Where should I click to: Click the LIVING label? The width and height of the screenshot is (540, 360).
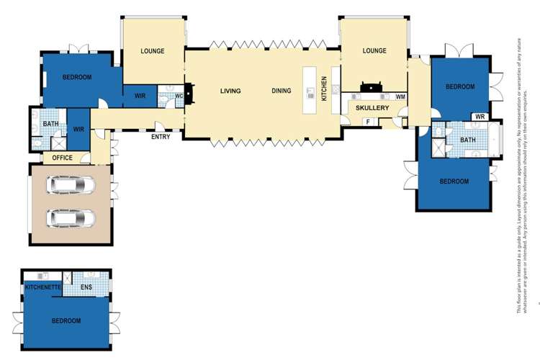(230, 91)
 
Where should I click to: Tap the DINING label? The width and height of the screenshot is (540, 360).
(282, 91)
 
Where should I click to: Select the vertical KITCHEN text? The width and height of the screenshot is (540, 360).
(325, 88)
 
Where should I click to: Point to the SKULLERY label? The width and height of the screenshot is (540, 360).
(372, 108)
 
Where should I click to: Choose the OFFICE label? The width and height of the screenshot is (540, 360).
(62, 158)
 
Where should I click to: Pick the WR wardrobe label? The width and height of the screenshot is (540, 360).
(479, 116)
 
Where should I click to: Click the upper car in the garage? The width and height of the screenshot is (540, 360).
(70, 186)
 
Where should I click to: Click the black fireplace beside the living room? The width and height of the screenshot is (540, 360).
(189, 94)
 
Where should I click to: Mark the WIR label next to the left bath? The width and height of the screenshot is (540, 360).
(78, 130)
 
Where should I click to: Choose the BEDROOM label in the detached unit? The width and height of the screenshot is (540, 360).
(66, 320)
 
